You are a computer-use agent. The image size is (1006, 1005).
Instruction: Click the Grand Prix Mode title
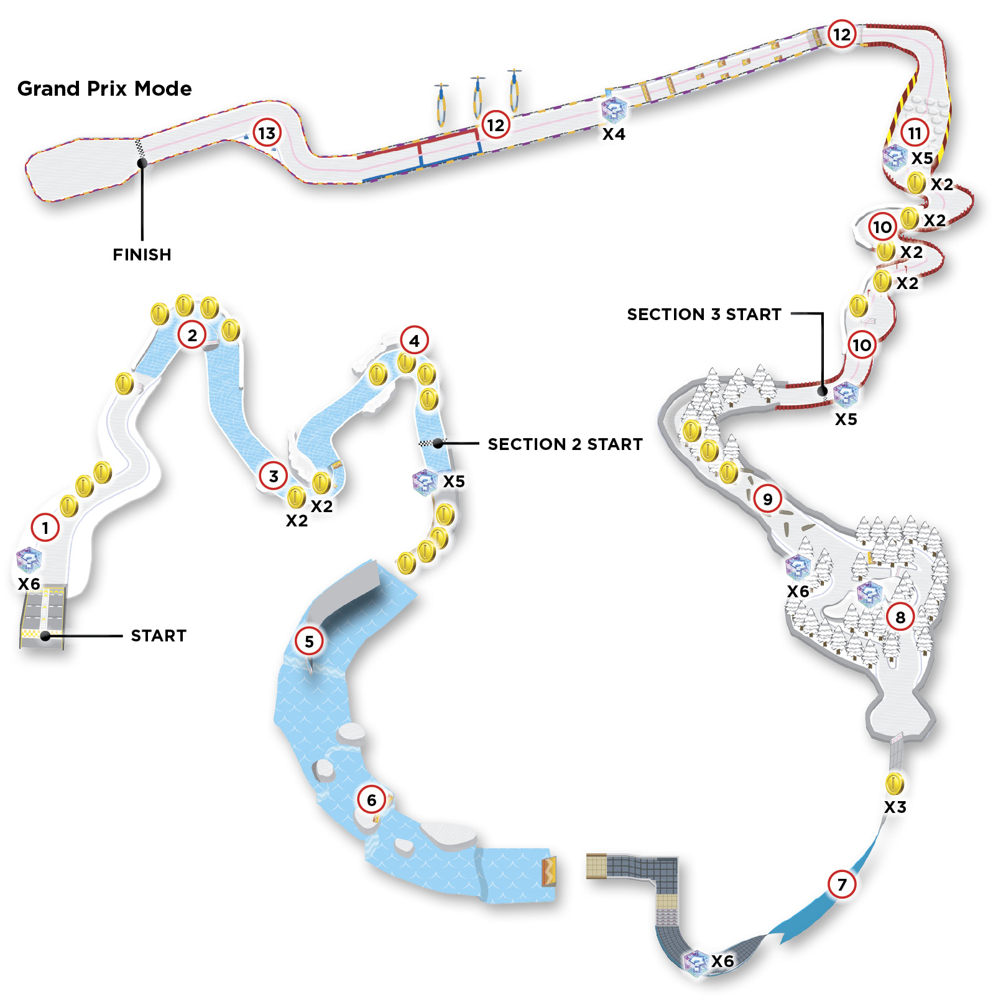(104, 89)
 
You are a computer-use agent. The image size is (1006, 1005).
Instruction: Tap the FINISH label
(142, 255)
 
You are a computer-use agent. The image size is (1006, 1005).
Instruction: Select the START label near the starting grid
(159, 636)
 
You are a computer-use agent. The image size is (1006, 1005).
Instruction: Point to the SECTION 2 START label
(565, 444)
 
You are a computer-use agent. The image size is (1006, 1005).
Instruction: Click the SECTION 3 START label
(704, 314)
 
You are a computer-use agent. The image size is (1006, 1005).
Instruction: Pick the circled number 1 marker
(45, 528)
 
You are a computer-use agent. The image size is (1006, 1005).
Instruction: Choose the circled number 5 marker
(309, 641)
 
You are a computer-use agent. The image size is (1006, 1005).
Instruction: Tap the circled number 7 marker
(842, 884)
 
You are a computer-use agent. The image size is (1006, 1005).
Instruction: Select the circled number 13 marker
(267, 133)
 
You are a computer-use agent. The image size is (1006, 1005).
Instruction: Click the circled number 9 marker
(768, 499)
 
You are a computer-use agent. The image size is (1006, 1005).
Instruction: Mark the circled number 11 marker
(915, 133)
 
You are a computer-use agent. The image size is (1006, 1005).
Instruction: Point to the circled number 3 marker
(274, 477)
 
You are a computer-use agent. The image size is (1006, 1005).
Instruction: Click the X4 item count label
(614, 134)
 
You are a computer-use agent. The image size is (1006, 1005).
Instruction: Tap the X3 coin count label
(895, 807)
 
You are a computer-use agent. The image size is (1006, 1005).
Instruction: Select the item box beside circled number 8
(870, 594)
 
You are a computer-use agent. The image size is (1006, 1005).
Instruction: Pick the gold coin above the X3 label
(895, 784)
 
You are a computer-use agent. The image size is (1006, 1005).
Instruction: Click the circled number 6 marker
(371, 801)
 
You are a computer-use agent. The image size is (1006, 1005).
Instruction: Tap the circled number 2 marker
(192, 336)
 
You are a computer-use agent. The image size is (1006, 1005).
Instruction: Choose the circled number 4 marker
(415, 341)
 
